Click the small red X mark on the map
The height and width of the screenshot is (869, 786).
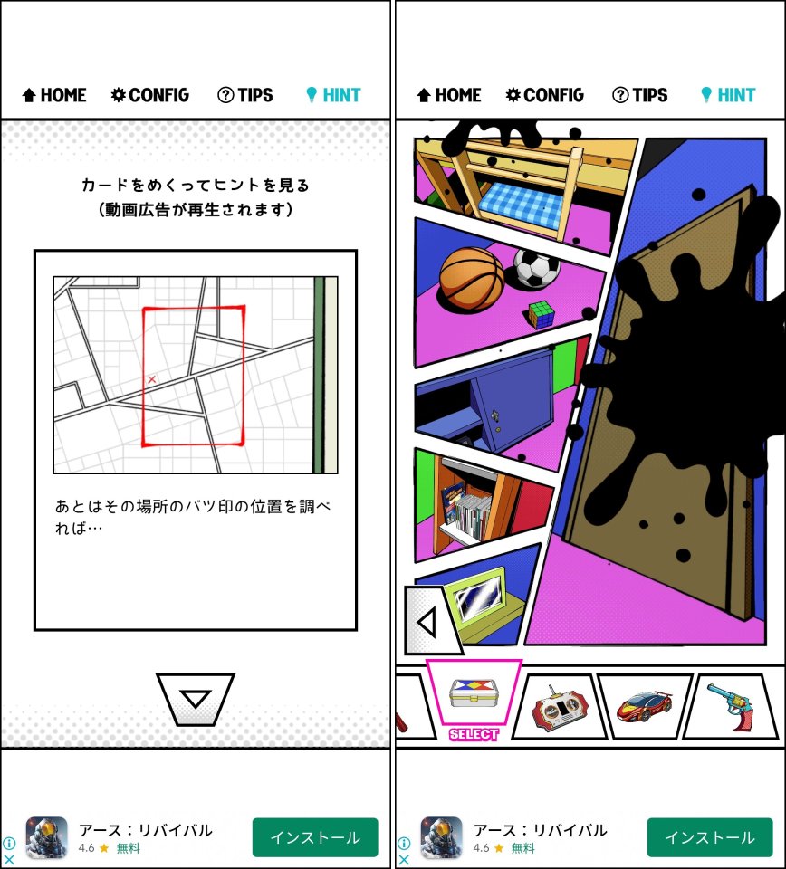(x=151, y=379)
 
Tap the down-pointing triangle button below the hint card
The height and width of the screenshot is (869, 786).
(x=195, y=700)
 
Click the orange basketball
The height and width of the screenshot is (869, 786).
(x=472, y=279)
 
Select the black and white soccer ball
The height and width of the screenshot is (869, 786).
(x=537, y=268)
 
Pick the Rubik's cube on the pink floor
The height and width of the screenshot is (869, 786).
(x=541, y=314)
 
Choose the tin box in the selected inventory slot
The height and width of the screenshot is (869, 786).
(x=473, y=692)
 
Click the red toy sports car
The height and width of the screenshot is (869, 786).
(x=644, y=705)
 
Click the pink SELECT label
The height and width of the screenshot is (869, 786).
(x=474, y=734)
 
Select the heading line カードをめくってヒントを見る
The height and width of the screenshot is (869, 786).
(x=195, y=185)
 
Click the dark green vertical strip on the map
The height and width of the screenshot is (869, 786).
(x=319, y=375)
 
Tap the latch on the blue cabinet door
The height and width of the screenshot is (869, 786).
(x=495, y=415)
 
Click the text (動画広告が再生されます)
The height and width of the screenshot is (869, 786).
(x=195, y=209)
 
